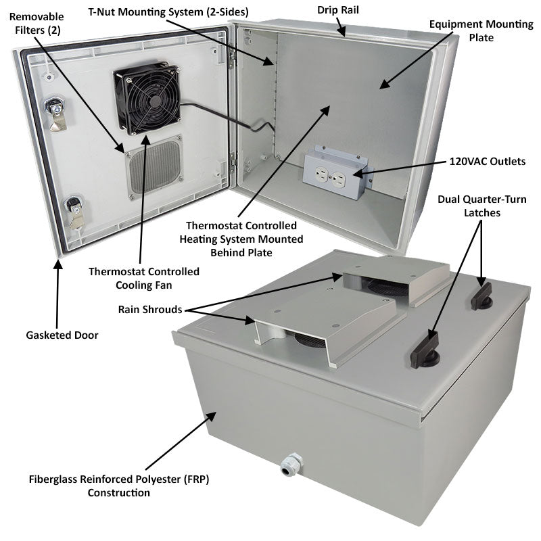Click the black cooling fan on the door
(x=147, y=99)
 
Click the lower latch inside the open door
(x=74, y=210)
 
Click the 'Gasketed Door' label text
(x=62, y=334)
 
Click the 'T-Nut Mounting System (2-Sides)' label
(x=169, y=11)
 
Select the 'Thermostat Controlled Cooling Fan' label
(x=144, y=278)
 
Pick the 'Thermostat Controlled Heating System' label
(x=241, y=239)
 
